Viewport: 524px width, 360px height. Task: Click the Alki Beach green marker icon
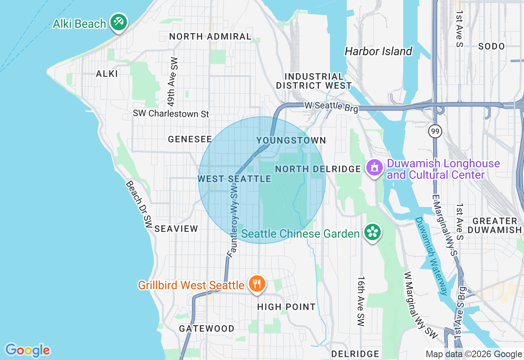point(119,22)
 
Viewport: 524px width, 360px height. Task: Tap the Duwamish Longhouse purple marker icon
point(374,167)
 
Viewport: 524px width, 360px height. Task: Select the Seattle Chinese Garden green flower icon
point(372,232)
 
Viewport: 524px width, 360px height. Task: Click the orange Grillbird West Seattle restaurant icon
point(257,283)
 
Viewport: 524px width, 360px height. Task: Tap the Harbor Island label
point(378,51)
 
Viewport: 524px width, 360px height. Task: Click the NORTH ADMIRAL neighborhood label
point(210,36)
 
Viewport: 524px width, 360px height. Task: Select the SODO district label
point(491,46)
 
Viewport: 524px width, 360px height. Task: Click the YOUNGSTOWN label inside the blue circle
point(291,140)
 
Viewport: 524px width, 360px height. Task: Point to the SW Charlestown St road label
point(171,113)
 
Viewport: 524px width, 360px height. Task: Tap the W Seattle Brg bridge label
point(331,106)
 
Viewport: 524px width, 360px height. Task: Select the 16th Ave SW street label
point(361,301)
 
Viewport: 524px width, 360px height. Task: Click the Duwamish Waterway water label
point(432,256)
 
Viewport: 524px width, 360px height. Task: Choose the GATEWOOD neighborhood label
point(207,328)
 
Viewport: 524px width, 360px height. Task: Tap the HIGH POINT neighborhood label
point(287,307)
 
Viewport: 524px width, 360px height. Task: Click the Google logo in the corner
point(27,350)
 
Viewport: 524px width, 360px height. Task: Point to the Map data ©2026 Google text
point(474,354)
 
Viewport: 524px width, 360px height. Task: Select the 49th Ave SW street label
point(174,82)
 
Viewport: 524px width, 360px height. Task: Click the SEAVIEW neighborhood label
point(176,229)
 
